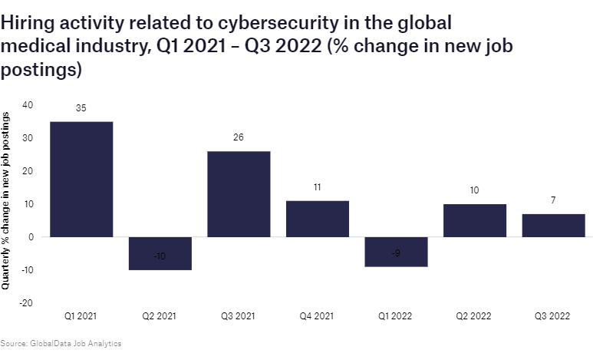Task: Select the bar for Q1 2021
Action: coord(81,179)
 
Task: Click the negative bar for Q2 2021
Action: coord(160,253)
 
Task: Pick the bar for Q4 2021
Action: coord(317,219)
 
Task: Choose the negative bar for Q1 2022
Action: coord(396,252)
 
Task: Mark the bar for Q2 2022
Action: coord(474,220)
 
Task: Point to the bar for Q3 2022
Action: coord(553,225)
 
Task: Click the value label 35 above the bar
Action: coord(81,108)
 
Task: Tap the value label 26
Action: coord(239,138)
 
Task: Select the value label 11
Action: coord(317,187)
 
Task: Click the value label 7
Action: coord(553,200)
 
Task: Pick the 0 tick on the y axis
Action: coord(31,237)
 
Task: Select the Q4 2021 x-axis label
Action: coord(317,316)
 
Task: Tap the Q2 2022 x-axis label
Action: coord(474,316)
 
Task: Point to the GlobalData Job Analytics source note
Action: coord(61,343)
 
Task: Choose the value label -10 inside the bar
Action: coord(160,256)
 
